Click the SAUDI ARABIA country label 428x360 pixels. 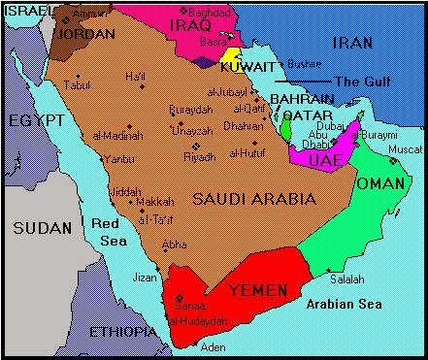[254, 198]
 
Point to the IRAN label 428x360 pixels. [351, 42]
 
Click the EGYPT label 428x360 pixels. [35, 120]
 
